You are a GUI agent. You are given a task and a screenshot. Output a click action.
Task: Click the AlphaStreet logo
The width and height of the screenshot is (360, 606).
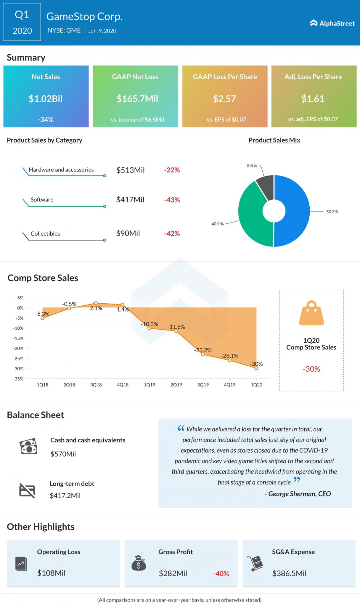332,23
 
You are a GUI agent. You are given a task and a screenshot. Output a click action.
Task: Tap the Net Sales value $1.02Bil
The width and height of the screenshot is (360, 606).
46,99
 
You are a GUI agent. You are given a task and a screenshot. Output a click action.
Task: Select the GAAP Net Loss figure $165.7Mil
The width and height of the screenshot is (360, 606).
137,99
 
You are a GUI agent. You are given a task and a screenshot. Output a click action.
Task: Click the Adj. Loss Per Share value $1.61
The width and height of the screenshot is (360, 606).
313,99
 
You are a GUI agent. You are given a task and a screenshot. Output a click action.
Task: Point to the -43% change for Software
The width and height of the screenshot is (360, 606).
172,200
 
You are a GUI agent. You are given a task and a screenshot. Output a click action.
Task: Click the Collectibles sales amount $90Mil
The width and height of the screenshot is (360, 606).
128,233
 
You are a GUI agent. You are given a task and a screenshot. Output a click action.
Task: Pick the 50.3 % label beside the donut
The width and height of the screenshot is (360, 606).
332,212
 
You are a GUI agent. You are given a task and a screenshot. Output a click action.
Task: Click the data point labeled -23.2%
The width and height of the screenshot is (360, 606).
203,354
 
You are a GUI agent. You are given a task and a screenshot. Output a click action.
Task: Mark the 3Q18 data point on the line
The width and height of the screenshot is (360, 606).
96,303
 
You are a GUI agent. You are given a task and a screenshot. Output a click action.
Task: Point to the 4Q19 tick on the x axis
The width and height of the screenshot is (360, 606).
230,385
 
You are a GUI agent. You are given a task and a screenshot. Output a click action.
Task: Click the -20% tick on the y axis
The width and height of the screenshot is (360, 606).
18,348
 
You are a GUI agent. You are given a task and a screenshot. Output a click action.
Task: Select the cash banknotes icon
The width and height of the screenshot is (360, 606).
28,446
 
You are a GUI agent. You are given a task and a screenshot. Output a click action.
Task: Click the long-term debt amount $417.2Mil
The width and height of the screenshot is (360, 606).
65,495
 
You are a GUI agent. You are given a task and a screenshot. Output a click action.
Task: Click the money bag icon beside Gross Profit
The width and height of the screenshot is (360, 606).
139,563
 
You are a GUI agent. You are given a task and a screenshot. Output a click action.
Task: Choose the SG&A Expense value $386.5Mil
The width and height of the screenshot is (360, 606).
289,573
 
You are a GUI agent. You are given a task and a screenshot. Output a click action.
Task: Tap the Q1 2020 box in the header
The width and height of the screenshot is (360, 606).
22,22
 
